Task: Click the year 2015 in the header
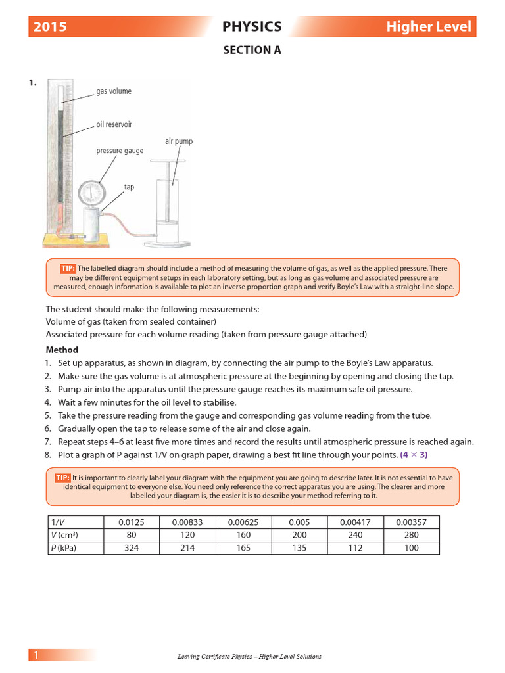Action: (50, 27)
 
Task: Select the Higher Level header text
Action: (428, 27)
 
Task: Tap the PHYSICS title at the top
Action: (252, 27)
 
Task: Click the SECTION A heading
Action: (252, 50)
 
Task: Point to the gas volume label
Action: (114, 91)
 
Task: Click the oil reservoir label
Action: (114, 124)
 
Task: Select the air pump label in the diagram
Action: (179, 141)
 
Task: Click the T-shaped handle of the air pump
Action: (174, 160)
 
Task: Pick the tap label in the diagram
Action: (129, 187)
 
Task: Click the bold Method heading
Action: (62, 350)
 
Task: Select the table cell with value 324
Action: (131, 548)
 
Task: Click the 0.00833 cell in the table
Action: (187, 522)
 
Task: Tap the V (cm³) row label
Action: (64, 535)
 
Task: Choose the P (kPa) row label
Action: (64, 548)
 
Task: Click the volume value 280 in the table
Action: (411, 535)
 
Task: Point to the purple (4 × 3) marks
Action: (414, 455)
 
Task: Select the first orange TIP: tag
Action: (68, 268)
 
